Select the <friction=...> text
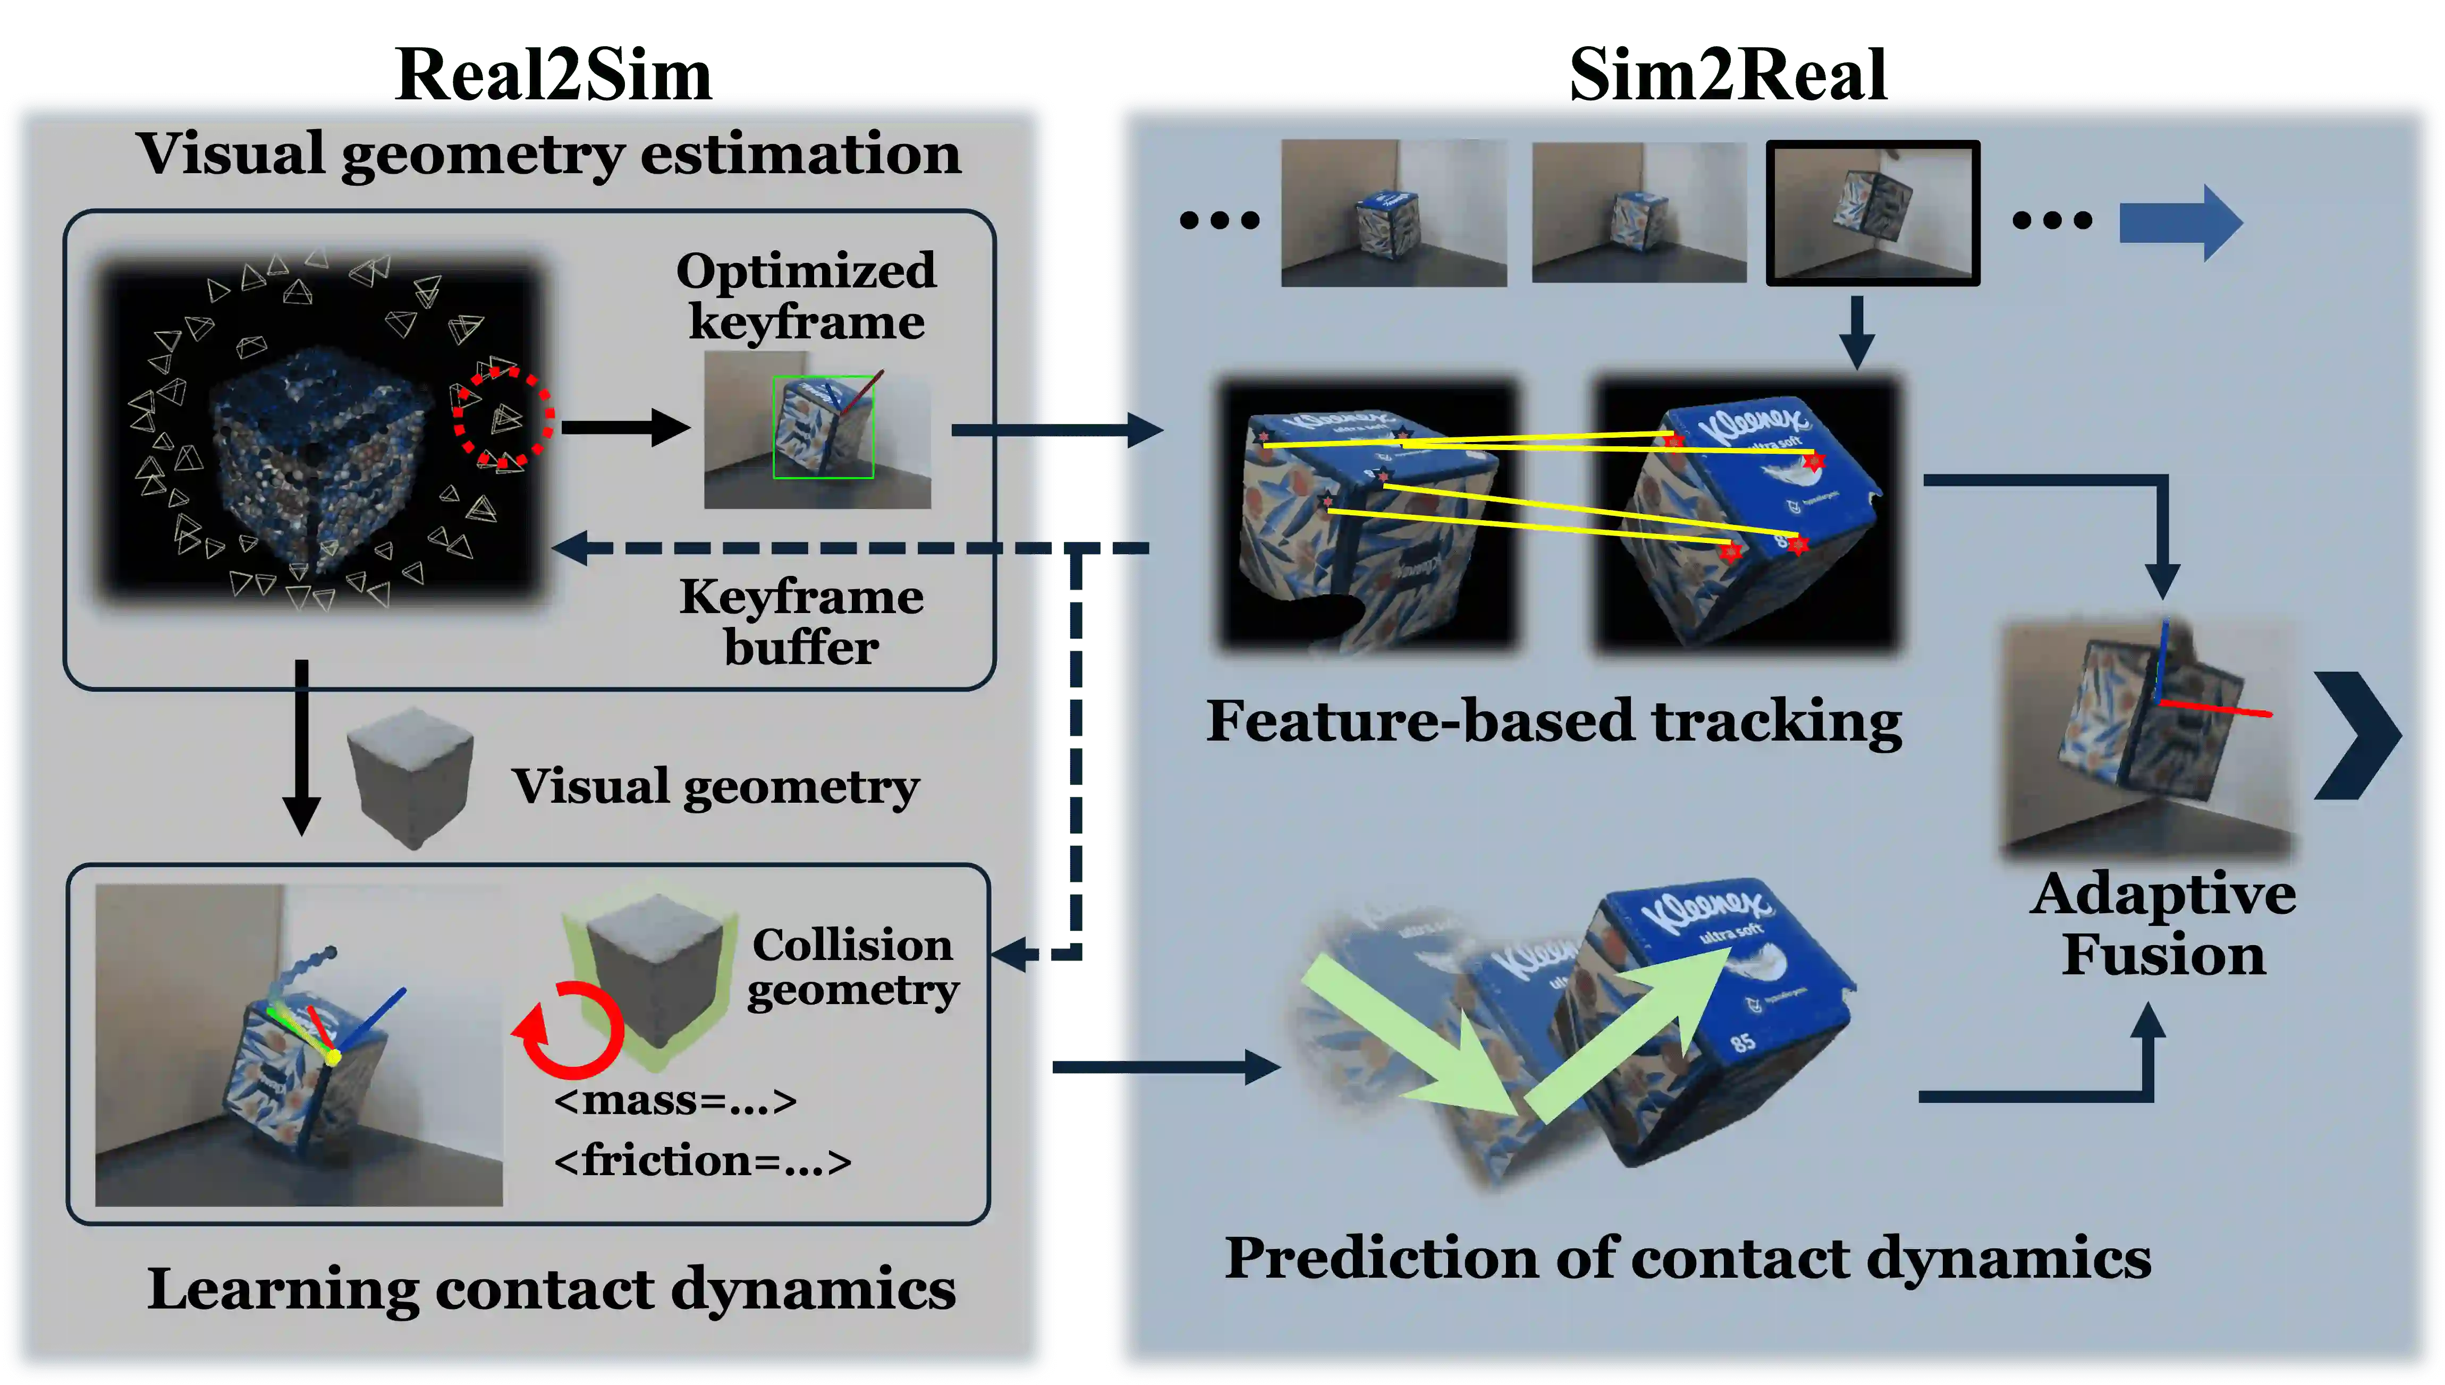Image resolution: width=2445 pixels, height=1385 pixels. [702, 1160]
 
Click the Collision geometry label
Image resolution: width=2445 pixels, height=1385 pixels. [852, 967]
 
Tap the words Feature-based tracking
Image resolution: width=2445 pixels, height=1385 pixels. [1554, 721]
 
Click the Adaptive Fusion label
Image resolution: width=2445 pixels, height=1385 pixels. [2162, 924]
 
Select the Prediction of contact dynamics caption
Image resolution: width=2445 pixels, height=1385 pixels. [1687, 1259]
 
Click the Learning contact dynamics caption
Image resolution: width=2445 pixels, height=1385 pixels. [551, 1290]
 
